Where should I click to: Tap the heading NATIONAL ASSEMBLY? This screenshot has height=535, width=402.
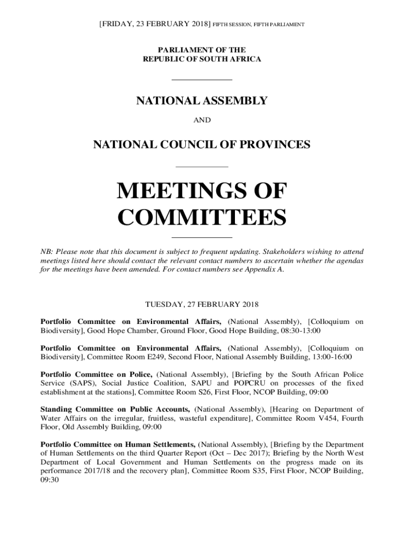pyautogui.click(x=202, y=101)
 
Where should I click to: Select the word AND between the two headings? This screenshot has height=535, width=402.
pyautogui.click(x=202, y=120)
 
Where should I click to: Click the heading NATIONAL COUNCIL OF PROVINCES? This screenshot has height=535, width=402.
pyautogui.click(x=202, y=144)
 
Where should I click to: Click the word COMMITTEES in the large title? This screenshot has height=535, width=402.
pyautogui.click(x=202, y=217)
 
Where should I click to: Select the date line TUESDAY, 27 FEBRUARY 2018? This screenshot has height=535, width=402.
pyautogui.click(x=202, y=304)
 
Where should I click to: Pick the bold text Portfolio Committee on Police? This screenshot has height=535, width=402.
pyautogui.click(x=97, y=374)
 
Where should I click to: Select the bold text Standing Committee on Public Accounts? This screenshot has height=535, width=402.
pyautogui.click(x=115, y=409)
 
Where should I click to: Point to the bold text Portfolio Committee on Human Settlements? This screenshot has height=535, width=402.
pyautogui.click(x=119, y=444)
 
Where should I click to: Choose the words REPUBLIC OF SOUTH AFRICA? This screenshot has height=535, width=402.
pyautogui.click(x=202, y=59)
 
